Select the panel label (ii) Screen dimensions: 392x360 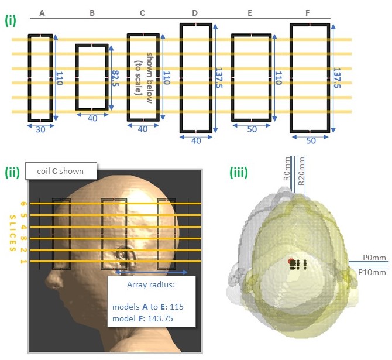[12, 173]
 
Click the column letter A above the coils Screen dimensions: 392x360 [41, 12]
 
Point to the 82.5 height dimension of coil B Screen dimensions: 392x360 [115, 77]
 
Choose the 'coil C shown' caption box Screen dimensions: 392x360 [64, 172]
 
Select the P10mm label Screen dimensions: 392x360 [374, 272]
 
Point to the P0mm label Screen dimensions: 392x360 [372, 257]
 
